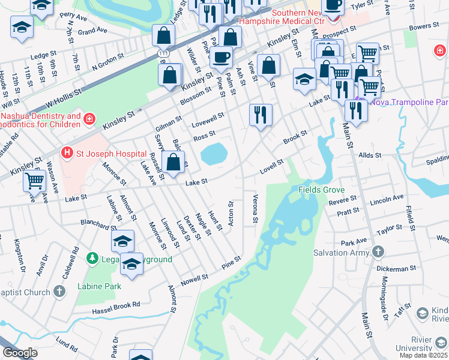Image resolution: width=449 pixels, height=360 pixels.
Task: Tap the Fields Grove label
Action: click(321, 190)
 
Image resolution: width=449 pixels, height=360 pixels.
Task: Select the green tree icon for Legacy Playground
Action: click(92, 259)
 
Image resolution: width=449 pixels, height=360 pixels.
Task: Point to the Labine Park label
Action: click(99, 286)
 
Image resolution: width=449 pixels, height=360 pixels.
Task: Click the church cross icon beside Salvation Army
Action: click(378, 252)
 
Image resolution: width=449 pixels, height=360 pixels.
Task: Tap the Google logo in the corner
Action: click(20, 353)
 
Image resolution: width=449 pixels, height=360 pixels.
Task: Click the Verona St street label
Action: click(256, 209)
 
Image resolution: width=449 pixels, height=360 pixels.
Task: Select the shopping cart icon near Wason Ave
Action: click(35, 180)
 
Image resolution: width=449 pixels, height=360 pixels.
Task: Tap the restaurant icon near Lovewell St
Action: click(261, 114)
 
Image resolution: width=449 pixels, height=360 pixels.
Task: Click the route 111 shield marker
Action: click(163, 53)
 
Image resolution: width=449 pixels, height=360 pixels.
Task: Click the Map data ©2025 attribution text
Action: click(422, 355)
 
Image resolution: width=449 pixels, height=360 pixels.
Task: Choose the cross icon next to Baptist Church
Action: click(59, 292)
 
